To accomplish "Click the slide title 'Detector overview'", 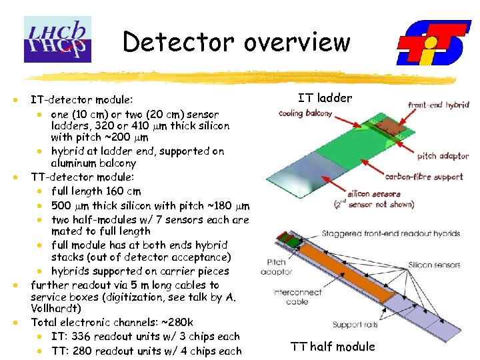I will (237, 42).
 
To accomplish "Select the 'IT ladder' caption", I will (325, 98).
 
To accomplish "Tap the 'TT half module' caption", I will (333, 346).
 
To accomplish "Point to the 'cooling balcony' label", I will (305, 113).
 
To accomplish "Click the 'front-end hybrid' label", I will (438, 105).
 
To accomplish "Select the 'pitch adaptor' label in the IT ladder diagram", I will (443, 156).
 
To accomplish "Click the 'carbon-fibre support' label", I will (423, 177).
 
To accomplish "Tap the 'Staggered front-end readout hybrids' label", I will (391, 234).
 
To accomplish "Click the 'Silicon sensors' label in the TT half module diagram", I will (435, 265).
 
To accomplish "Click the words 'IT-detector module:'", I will (82, 99).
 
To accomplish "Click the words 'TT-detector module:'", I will (83, 177).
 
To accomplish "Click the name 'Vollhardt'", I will (56, 309).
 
